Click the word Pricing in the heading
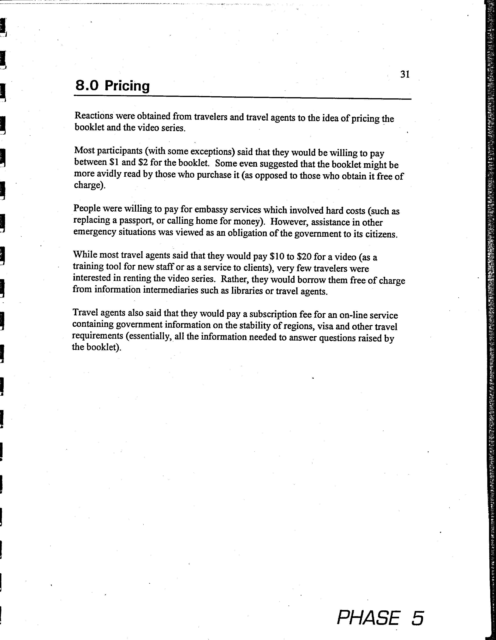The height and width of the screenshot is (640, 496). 127,86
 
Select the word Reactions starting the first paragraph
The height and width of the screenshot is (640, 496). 94,116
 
